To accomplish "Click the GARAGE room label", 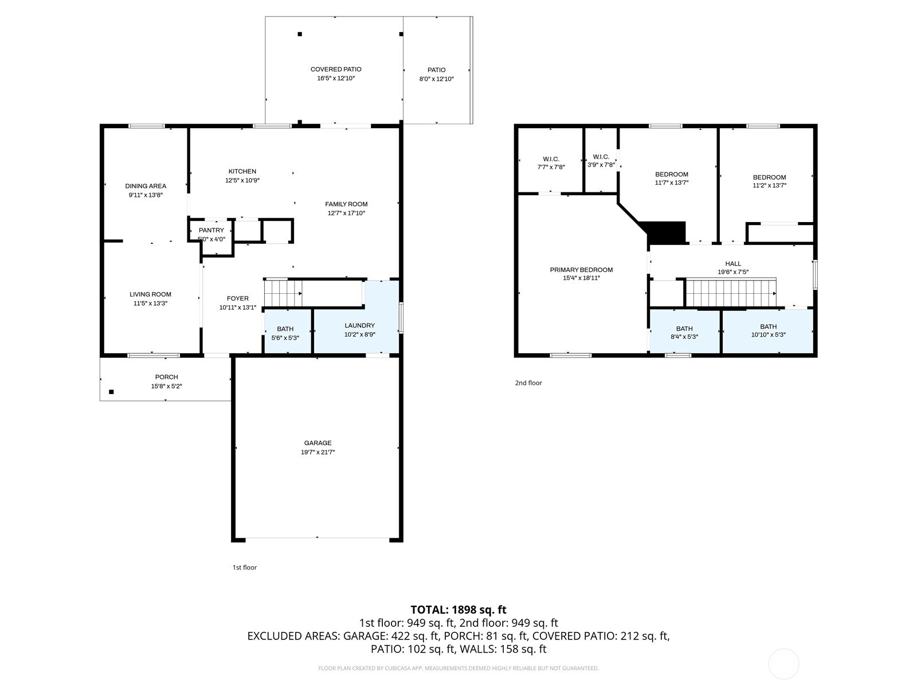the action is (x=318, y=443).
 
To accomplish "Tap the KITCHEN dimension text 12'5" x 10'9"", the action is (x=242, y=180).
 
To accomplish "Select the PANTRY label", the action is (x=211, y=230).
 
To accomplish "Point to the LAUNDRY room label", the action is (x=360, y=325).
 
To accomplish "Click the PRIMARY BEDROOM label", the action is (x=581, y=270).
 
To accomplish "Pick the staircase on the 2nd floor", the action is (x=731, y=293).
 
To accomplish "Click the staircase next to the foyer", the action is (x=283, y=293).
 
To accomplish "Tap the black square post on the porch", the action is (x=111, y=392).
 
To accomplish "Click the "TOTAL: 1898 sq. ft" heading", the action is (x=458, y=610).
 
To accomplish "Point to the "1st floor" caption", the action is (x=244, y=567).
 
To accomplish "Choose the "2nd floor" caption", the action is (x=528, y=383).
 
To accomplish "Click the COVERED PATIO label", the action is (x=336, y=69).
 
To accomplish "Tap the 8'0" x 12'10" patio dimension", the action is (x=436, y=79).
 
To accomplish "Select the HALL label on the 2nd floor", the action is (x=733, y=263).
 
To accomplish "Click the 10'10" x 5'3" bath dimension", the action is (x=769, y=334).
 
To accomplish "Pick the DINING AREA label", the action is (x=146, y=186).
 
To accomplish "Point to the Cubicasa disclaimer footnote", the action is (x=458, y=668).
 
